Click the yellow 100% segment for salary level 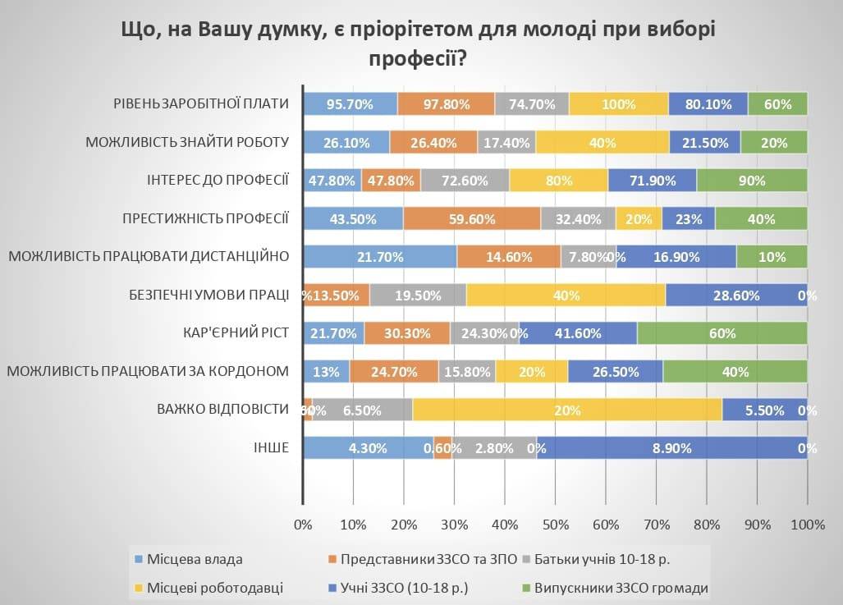click(618, 104)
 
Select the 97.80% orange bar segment click(447, 104)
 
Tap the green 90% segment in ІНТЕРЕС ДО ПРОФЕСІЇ click(752, 181)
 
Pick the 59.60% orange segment click(472, 218)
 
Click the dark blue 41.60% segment click(578, 333)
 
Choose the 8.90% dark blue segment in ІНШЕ click(671, 448)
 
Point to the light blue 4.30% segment click(368, 448)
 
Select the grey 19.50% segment click(418, 296)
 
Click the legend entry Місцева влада click(194, 560)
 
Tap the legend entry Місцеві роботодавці click(214, 588)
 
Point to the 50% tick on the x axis click(556, 525)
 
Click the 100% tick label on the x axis click(807, 525)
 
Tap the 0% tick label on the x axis click(304, 525)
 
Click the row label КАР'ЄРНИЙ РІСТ click(236, 333)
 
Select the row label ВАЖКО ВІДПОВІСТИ click(223, 410)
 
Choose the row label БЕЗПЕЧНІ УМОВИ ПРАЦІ click(209, 296)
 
